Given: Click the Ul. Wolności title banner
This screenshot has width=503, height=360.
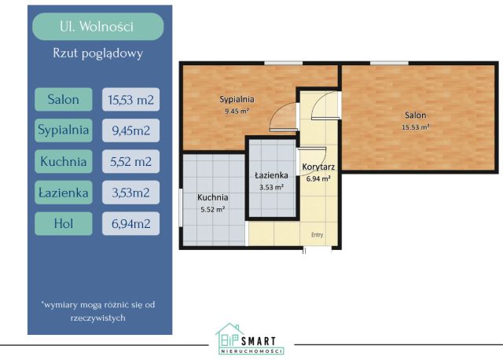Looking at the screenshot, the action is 97,27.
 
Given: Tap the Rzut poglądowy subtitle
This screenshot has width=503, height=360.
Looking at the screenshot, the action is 97,53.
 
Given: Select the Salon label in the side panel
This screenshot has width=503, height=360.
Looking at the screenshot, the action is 64,100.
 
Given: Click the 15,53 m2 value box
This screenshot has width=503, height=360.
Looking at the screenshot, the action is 131,100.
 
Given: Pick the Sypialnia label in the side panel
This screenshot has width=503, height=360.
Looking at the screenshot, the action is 64,130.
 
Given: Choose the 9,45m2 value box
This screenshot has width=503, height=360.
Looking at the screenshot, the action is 131,130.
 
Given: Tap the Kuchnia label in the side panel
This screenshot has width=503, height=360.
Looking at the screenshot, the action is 64,161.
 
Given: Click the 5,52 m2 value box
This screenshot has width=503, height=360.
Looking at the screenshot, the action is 131,161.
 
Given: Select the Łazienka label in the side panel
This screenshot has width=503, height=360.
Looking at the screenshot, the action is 64,193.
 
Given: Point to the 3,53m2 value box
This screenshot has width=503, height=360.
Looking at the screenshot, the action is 131,193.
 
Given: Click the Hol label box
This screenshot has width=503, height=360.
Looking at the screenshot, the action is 64,224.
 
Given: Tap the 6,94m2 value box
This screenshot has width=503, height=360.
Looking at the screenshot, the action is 131,224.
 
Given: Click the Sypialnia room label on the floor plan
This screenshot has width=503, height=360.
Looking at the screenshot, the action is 237,100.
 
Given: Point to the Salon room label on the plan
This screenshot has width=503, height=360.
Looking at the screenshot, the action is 416,115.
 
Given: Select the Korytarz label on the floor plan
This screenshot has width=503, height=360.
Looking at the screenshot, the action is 318,167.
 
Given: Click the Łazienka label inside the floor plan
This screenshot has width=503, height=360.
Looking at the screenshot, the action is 271,175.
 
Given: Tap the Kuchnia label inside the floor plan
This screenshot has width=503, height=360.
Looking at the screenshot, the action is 213,197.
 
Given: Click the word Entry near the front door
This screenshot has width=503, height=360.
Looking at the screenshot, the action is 318,235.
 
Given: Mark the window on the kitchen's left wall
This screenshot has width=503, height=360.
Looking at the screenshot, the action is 181,208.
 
